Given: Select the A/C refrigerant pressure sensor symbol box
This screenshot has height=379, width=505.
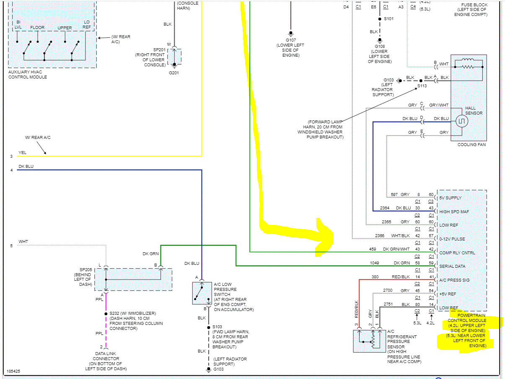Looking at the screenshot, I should pyautogui.click(x=369, y=341).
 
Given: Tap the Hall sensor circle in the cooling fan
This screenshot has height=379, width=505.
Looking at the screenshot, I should pyautogui.click(x=461, y=122).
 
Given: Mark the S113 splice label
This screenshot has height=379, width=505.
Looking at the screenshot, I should pyautogui.click(x=422, y=86).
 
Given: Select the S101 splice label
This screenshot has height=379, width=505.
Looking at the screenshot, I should pyautogui.click(x=389, y=19).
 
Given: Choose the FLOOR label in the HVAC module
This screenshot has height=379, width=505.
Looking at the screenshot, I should pyautogui.click(x=37, y=28).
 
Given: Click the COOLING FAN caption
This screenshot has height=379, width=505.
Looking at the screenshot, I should pyautogui.click(x=472, y=145).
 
